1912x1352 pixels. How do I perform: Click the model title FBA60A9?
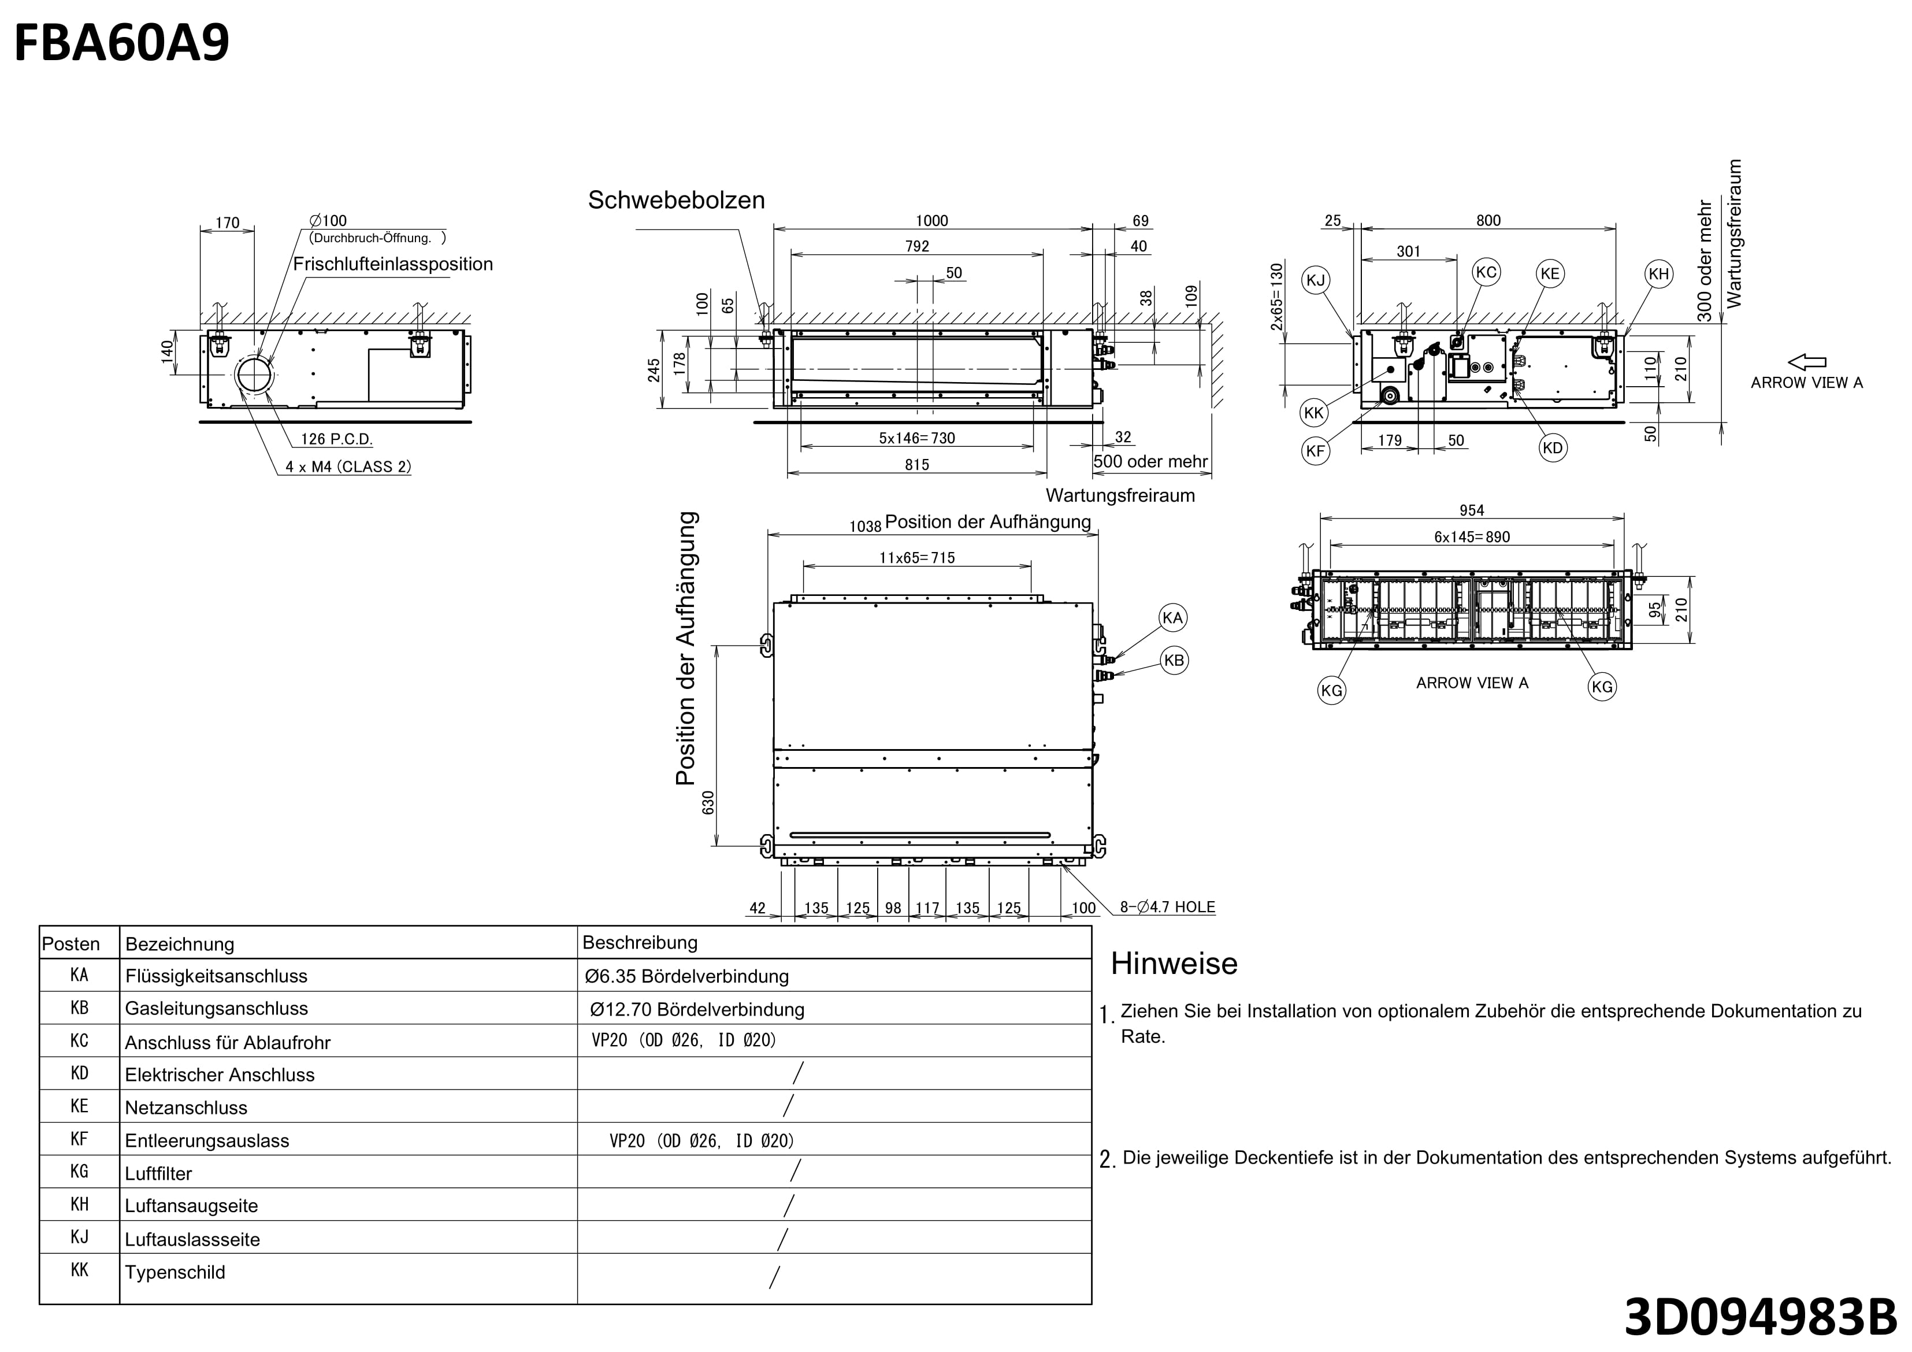121,44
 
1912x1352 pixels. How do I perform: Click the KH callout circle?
1659,274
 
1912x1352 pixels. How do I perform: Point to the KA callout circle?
1172,618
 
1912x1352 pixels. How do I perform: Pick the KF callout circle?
1315,451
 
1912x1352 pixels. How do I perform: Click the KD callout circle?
1552,448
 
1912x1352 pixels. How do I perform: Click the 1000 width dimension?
932,221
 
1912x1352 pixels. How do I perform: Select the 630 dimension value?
708,802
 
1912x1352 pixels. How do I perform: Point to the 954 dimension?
1472,510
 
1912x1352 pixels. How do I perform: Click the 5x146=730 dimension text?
917,438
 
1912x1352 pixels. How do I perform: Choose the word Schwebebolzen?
676,200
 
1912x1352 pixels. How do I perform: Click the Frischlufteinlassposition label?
393,264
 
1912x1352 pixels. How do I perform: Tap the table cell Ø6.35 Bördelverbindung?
687,976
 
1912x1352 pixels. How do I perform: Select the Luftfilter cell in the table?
158,1174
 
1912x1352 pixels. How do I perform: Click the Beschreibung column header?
640,943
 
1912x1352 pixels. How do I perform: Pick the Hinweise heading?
1174,964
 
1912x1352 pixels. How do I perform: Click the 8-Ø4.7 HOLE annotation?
1168,907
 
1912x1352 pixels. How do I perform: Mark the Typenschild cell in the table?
175,1273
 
